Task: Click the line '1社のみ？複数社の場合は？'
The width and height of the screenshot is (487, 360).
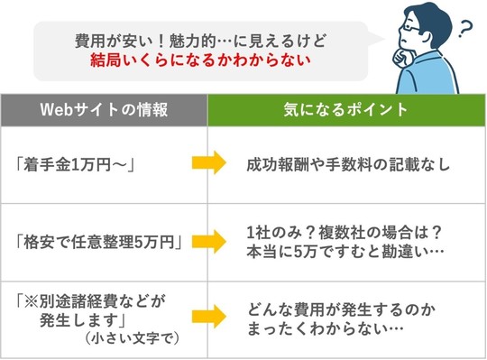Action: pyautogui.click(x=339, y=231)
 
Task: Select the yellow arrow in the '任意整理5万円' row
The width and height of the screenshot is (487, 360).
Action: pyautogui.click(x=208, y=241)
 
